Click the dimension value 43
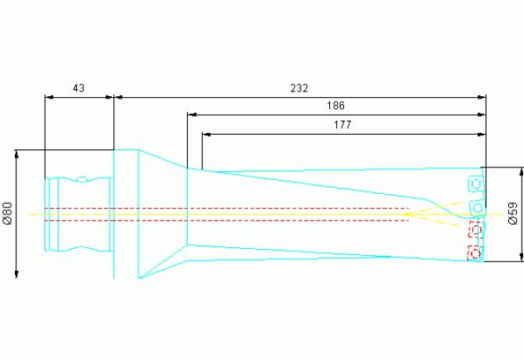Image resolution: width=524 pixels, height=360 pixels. pos(78,88)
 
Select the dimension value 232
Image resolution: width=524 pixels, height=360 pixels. pos(299,88)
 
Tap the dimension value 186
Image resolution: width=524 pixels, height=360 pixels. pos(336,106)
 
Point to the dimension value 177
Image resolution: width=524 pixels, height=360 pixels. pos(343,125)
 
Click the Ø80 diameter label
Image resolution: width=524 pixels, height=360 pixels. pos(7,214)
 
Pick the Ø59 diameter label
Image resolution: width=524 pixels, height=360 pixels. pos(513,214)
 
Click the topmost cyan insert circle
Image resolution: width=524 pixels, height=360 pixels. pos(476,184)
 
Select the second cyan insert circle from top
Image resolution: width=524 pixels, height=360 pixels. pos(478,208)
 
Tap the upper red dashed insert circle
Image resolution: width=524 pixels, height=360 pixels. pos(476,229)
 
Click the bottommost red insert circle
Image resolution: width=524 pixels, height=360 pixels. pos(476,254)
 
